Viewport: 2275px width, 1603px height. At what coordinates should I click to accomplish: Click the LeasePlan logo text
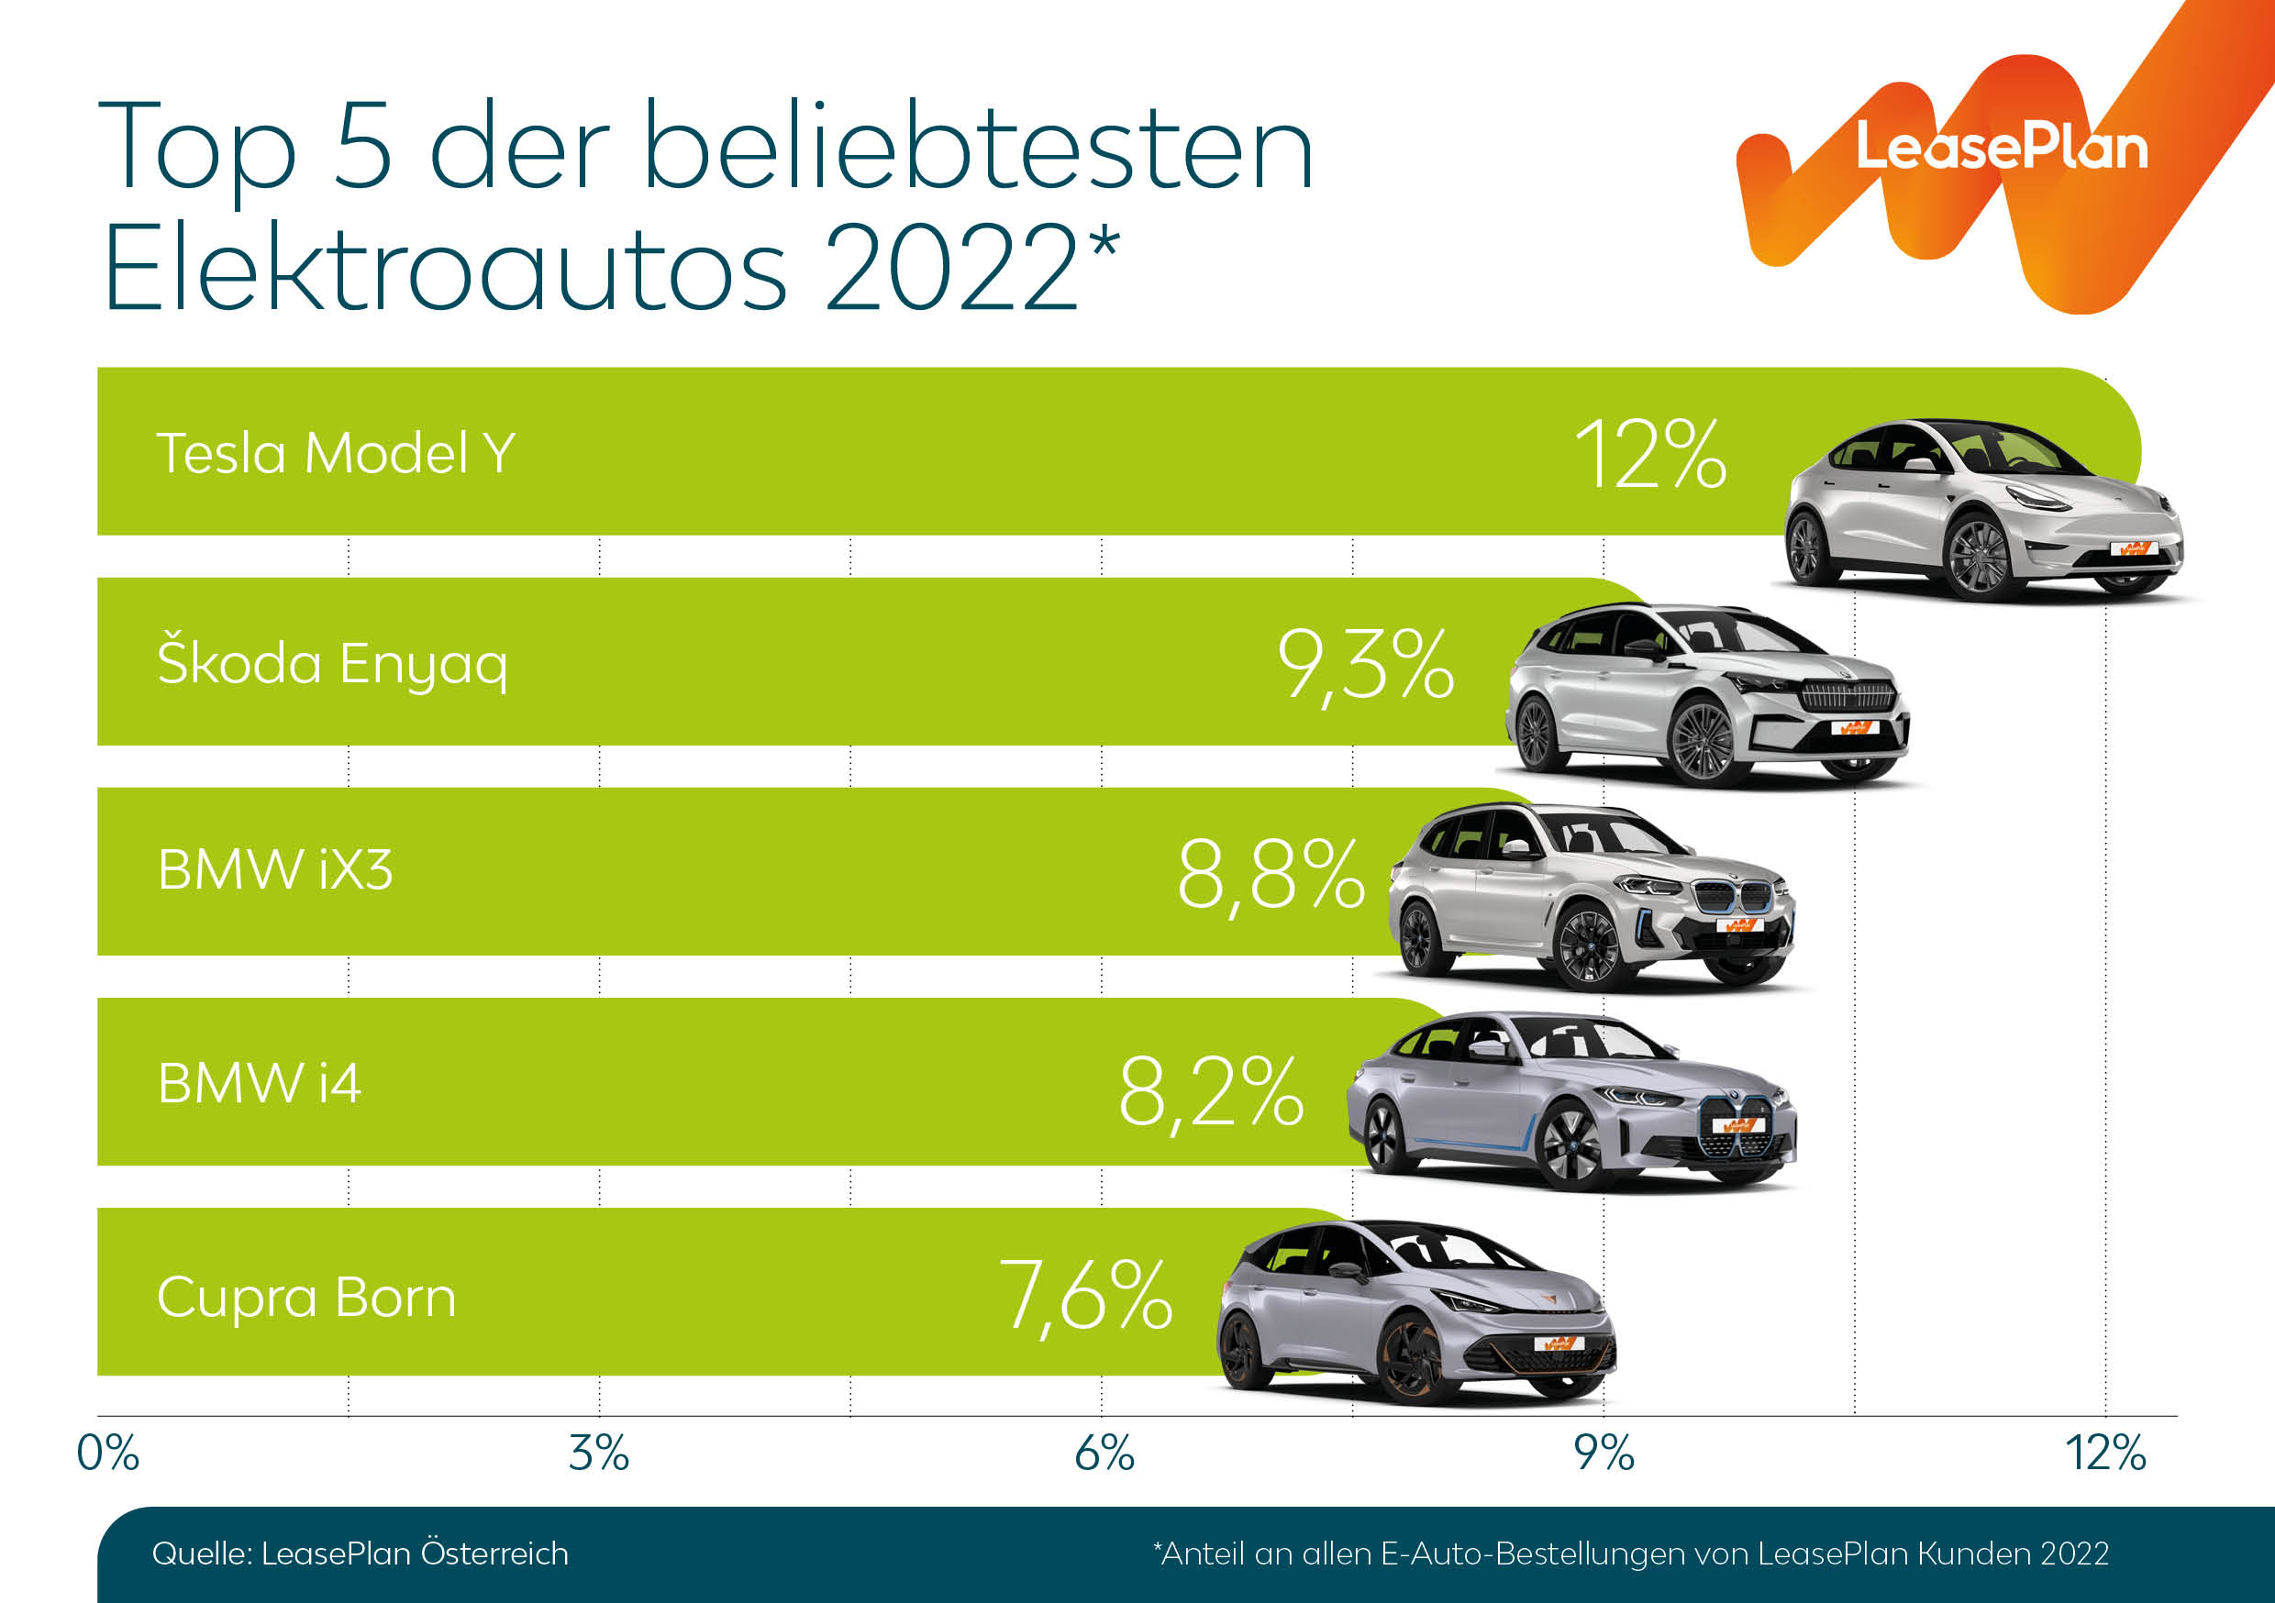click(x=2001, y=149)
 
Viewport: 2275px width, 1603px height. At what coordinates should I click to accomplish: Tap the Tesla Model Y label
click(x=336, y=454)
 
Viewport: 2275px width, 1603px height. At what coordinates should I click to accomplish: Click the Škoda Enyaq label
click(x=333, y=664)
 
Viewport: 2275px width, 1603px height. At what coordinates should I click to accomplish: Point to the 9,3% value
click(x=1365, y=666)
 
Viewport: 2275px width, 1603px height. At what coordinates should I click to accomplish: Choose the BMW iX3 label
click(x=275, y=871)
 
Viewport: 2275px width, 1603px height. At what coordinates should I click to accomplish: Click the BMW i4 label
click(x=260, y=1083)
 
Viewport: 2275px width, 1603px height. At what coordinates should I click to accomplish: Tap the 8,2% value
click(x=1211, y=1093)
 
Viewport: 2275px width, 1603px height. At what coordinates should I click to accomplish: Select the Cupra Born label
click(x=306, y=1297)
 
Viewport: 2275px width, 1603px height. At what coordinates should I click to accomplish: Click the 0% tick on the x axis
click(x=108, y=1454)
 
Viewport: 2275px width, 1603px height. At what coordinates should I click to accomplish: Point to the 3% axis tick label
click(x=598, y=1454)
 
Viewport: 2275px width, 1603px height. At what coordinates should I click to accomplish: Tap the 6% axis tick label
click(x=1104, y=1454)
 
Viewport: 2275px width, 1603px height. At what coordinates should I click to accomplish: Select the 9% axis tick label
click(x=1604, y=1454)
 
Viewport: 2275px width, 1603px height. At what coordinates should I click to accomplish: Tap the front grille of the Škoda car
click(x=1847, y=695)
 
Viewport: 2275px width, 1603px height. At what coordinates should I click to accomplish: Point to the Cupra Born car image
click(x=1417, y=1312)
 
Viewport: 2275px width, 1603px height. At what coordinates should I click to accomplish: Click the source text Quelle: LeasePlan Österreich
click(x=361, y=1553)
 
